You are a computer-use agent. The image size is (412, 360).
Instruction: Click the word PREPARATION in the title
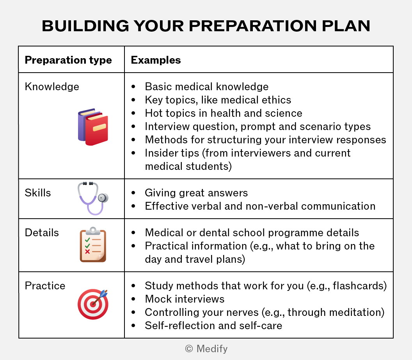[x=253, y=26]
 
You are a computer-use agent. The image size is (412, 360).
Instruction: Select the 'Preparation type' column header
[x=68, y=60]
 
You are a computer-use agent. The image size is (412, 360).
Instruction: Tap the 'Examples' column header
[x=156, y=60]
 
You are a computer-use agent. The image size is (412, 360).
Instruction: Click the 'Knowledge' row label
[x=52, y=87]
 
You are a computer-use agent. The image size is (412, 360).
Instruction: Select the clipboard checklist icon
[x=93, y=245]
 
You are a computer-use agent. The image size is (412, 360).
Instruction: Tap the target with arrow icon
[x=93, y=304]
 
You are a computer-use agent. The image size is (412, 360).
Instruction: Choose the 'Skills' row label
[x=38, y=193]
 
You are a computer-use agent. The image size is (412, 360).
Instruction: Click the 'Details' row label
[x=42, y=233]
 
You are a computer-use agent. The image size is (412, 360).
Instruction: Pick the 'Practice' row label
[x=45, y=286]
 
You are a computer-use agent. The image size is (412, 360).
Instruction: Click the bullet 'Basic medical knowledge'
[x=207, y=87]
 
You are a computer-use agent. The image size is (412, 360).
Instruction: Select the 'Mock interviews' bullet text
[x=185, y=299]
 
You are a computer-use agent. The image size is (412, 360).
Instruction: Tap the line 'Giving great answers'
[x=196, y=193]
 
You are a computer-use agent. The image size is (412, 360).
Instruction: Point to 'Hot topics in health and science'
[x=224, y=113]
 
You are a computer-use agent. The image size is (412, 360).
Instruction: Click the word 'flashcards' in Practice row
[x=358, y=286]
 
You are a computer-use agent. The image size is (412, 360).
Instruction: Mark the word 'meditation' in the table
[x=355, y=312]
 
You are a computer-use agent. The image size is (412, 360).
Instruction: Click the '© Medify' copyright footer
[x=206, y=349]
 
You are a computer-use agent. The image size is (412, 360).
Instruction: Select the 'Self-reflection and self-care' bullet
[x=214, y=326]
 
